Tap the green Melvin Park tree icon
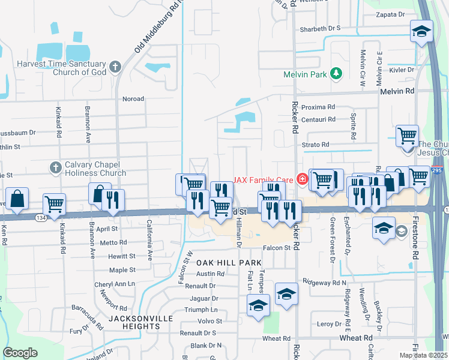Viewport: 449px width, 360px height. (337, 74)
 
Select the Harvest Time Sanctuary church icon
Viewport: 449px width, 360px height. (115, 65)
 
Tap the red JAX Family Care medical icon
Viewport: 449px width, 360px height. (303, 178)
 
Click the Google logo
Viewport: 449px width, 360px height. (20, 352)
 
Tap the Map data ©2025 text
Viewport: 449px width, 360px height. (423, 355)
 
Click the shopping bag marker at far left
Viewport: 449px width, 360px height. (17, 199)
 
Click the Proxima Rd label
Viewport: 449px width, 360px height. (318, 107)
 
